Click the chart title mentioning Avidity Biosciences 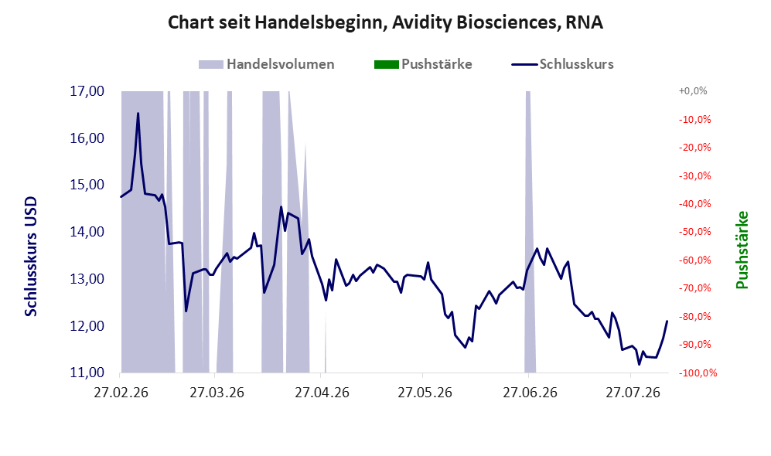385,22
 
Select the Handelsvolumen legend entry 266,64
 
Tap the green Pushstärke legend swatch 386,64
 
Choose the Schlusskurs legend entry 562,64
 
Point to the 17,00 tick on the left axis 87,91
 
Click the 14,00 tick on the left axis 87,232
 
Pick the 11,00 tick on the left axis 87,373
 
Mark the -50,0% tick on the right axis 694,231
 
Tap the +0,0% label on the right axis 693,91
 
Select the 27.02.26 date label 121,393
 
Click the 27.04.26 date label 322,393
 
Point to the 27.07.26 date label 633,393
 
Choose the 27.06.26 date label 530,393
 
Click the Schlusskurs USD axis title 31,257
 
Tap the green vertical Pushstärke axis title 742,250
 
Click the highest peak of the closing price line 138,114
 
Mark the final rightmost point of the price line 667,322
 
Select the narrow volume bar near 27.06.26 530,231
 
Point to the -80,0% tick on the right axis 694,316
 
